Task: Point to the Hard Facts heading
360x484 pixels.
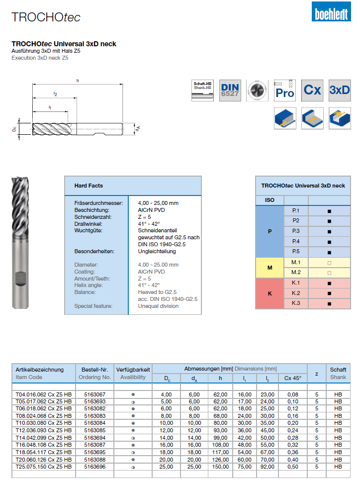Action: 89,186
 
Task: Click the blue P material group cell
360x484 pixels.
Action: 270,231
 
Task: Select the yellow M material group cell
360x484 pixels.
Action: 270,268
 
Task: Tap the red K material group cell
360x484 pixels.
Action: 270,293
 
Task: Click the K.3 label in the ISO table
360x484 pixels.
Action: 295,303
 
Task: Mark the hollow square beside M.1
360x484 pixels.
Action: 329,263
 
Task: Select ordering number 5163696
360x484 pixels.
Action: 94,467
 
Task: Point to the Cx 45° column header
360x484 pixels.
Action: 292,378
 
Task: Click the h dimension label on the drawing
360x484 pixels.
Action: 78,81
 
